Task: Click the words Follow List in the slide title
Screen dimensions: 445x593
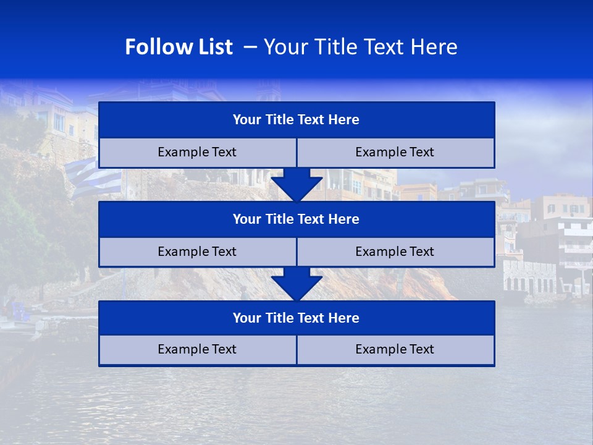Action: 179,47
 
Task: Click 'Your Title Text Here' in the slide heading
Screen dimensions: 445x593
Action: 360,47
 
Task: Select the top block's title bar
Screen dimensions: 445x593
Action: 296,120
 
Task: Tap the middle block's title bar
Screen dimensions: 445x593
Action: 296,219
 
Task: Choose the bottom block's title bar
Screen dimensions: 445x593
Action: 296,318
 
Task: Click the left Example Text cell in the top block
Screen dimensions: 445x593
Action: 197,153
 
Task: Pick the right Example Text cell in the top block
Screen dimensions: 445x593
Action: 395,153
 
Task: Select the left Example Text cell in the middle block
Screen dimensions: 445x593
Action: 197,252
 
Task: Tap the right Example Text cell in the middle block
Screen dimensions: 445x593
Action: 395,252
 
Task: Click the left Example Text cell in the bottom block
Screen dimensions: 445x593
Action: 197,350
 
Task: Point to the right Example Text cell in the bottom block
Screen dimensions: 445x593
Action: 395,350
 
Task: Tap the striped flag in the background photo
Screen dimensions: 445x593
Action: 94,179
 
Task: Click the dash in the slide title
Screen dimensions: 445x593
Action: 251,47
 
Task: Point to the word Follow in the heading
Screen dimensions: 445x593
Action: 156,47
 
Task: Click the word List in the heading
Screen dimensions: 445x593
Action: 211,47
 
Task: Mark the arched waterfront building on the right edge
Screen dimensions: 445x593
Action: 530,278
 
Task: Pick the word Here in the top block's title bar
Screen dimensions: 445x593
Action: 343,120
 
